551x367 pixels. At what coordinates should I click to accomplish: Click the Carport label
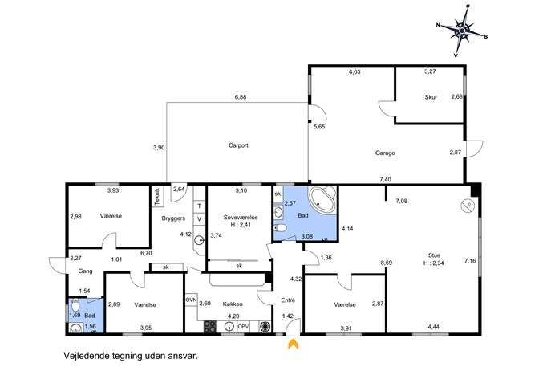pos(238,145)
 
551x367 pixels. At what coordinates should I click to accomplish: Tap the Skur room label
pos(431,97)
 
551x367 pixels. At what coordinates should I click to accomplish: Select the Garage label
pos(385,153)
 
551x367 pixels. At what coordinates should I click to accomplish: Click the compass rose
pos(462,31)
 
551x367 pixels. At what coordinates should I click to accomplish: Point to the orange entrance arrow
pos(294,344)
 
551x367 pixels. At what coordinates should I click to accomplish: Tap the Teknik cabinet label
pos(156,196)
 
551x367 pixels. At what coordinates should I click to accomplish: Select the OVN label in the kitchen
pos(191,300)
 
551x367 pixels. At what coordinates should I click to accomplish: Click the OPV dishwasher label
pos(243,327)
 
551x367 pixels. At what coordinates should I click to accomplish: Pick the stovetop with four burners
pos(210,327)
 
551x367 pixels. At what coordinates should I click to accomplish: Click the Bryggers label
pos(173,218)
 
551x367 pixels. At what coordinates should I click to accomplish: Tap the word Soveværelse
pos(241,218)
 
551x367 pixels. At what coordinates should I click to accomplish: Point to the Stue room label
pos(434,255)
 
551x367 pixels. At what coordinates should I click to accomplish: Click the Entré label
pos(288,300)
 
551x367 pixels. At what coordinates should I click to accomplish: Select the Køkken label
pos(233,304)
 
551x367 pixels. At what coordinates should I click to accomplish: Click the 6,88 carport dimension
pos(241,97)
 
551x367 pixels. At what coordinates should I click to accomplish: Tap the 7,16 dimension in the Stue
pos(470,261)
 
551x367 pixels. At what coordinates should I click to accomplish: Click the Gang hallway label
pos(85,271)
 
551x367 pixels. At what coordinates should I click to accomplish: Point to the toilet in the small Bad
pos(75,305)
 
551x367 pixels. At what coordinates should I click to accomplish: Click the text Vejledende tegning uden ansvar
pos(131,356)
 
